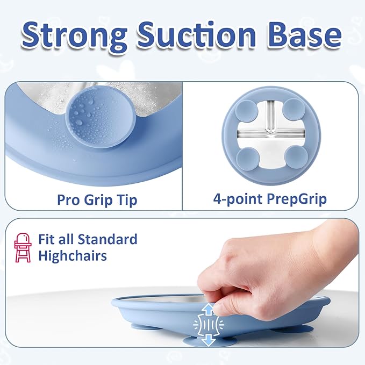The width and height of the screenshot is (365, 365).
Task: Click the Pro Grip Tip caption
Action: [x=97, y=200]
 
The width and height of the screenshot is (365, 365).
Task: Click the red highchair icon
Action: [x=23, y=247]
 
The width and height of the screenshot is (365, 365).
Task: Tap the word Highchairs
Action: [x=73, y=256]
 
